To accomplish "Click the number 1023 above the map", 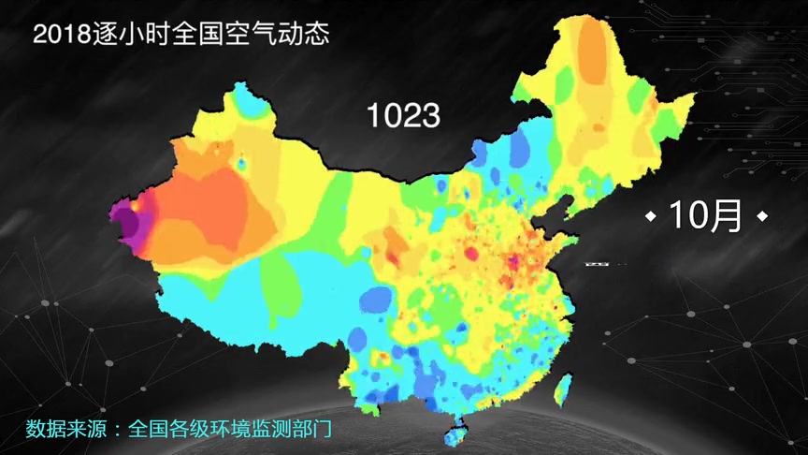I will (x=403, y=116).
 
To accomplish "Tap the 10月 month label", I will (x=705, y=216).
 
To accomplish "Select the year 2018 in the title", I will (x=62, y=35).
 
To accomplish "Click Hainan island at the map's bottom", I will (x=457, y=433).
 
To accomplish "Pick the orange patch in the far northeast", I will (x=591, y=51).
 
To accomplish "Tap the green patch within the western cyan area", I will (x=281, y=281).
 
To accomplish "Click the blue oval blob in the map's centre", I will (x=377, y=300).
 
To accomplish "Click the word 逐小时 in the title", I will (x=131, y=35).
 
